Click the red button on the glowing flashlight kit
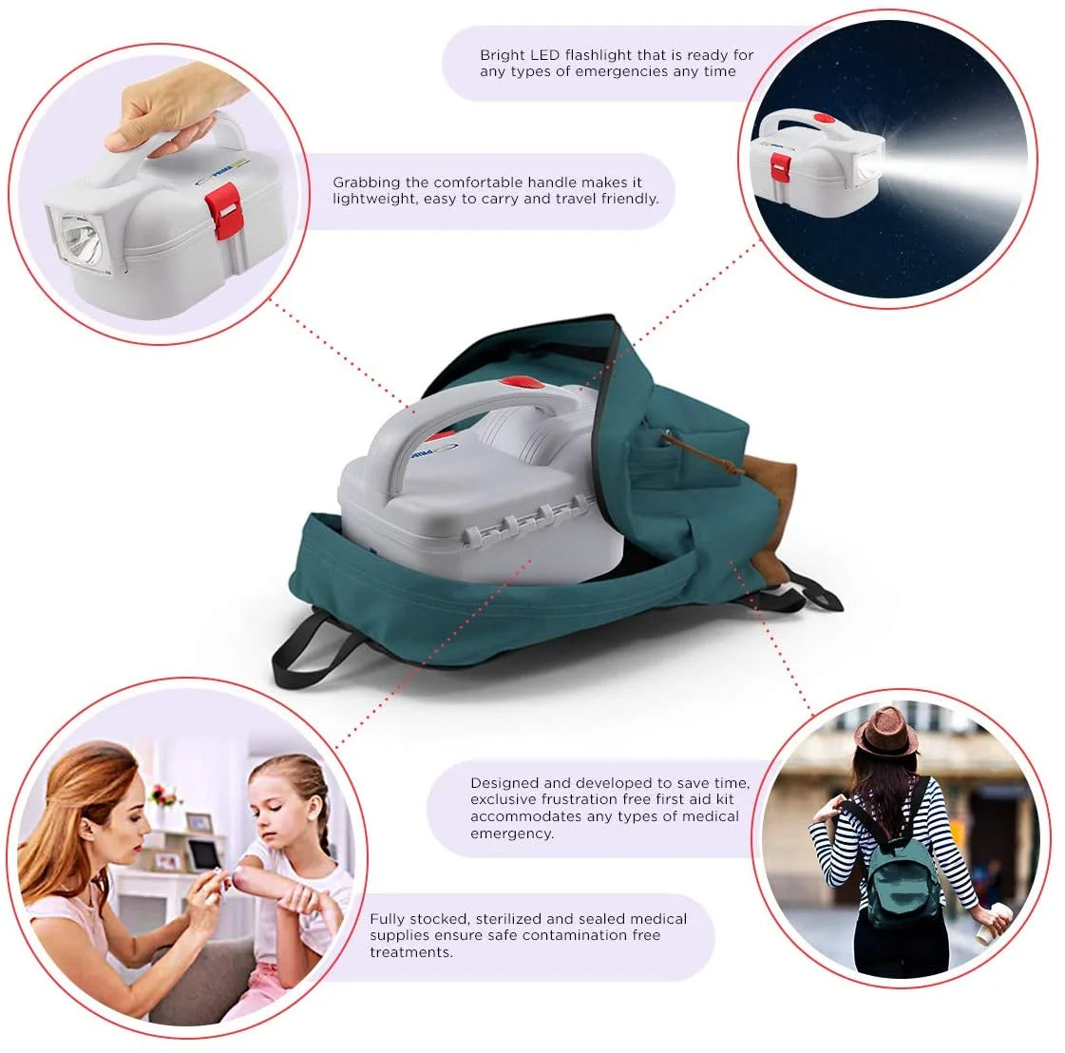[x=824, y=120]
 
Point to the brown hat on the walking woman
[x=885, y=731]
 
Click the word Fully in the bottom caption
[x=388, y=918]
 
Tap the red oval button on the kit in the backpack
[x=521, y=382]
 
